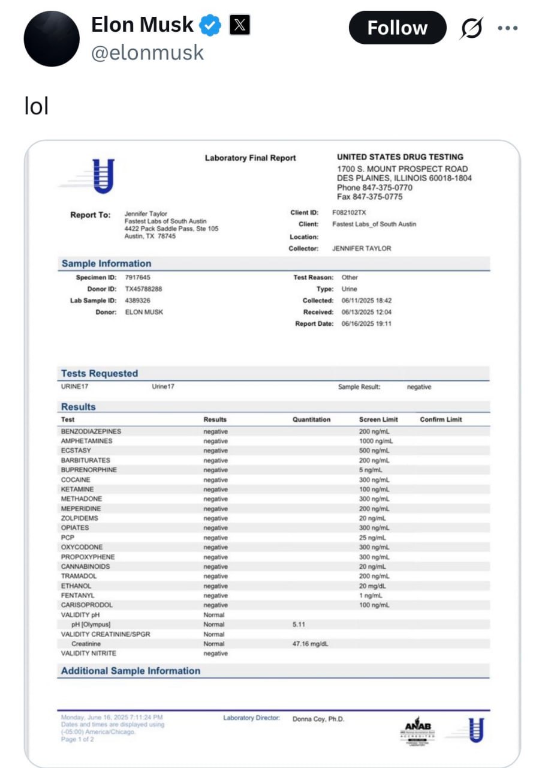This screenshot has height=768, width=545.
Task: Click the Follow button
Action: tap(397, 28)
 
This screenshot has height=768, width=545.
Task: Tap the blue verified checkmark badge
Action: tap(210, 25)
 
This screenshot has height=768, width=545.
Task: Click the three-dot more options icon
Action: tap(507, 28)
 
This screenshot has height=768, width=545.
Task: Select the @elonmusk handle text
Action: tap(147, 53)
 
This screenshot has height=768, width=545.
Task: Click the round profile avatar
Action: tap(52, 38)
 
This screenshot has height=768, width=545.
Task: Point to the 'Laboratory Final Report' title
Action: tap(250, 158)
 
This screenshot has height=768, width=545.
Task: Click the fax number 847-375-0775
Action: tap(369, 197)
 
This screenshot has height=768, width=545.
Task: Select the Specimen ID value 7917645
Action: tap(137, 277)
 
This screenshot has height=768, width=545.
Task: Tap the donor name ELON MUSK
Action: tap(144, 312)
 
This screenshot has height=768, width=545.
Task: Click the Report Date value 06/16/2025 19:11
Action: tap(366, 323)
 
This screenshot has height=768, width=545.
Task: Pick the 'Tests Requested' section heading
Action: tap(100, 373)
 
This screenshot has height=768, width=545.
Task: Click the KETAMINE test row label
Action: tap(77, 489)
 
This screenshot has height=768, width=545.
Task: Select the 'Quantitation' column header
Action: tap(311, 419)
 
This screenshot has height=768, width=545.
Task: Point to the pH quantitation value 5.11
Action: tap(299, 624)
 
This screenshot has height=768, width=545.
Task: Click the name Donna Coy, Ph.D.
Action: tap(318, 719)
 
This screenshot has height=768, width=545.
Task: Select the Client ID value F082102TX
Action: tap(349, 212)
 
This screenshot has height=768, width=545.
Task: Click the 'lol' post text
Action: tap(36, 106)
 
